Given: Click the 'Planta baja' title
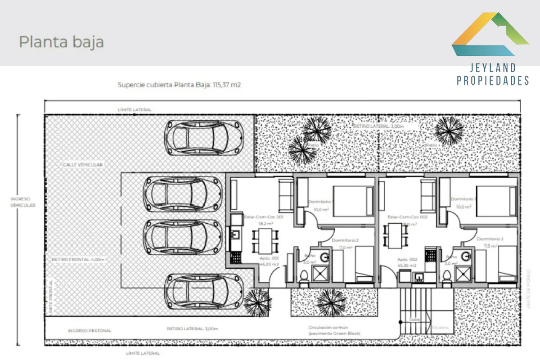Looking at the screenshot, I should point(61,42).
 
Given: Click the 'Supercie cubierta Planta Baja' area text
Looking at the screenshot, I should point(179,84).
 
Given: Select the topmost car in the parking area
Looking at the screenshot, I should point(204,137).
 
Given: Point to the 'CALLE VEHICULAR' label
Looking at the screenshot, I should point(83,165).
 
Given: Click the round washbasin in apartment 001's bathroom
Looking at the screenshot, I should point(325,257).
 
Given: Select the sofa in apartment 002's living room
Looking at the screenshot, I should point(427,193).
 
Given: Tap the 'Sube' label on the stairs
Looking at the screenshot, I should point(414,320).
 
